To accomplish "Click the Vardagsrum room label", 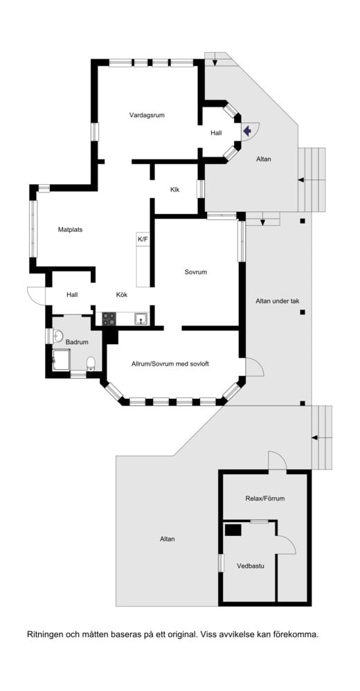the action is pyautogui.click(x=147, y=115).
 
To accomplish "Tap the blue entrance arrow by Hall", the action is pyautogui.click(x=246, y=130).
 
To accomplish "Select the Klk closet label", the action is pyautogui.click(x=175, y=190).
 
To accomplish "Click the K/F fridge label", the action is pyautogui.click(x=143, y=239).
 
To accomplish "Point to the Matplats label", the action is pyautogui.click(x=71, y=229).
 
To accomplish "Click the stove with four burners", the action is pyautogui.click(x=109, y=318).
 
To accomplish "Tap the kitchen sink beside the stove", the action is pyautogui.click(x=141, y=318).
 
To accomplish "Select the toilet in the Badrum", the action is pyautogui.click(x=91, y=364).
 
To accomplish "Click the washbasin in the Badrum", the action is pyautogui.click(x=57, y=336).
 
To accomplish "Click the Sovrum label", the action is pyautogui.click(x=196, y=272).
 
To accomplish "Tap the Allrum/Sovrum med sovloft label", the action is pyautogui.click(x=170, y=364).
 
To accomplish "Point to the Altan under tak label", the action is pyautogui.click(x=278, y=301).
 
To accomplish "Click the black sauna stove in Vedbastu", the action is pyautogui.click(x=233, y=529).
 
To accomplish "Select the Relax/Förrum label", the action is pyautogui.click(x=265, y=499).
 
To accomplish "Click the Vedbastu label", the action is pyautogui.click(x=251, y=566).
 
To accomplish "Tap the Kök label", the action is pyautogui.click(x=122, y=295).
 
